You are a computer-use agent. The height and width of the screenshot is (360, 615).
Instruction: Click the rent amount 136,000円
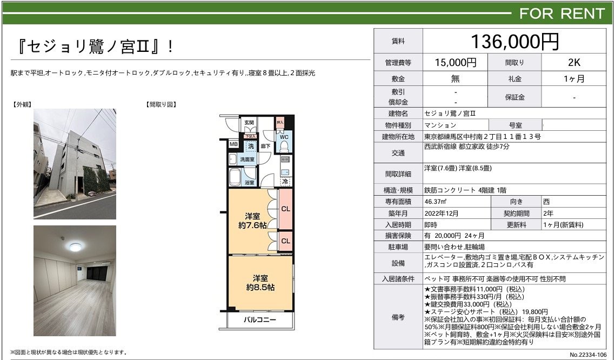514,42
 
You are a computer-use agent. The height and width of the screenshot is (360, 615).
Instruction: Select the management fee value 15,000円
455,62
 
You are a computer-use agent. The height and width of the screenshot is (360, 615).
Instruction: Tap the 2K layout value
574,62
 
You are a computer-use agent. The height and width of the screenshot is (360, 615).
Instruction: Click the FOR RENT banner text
562,14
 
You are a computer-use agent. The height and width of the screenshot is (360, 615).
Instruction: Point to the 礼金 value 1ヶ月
574,79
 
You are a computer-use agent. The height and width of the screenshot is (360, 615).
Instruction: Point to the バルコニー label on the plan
259,319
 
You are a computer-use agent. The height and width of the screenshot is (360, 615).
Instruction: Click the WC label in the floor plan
284,137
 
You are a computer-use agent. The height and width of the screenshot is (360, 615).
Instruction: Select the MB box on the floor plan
233,144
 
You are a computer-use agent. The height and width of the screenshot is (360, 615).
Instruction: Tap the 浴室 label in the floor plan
250,183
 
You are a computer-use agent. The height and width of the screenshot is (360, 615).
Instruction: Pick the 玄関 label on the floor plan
249,123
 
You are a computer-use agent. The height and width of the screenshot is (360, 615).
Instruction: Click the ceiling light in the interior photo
75,246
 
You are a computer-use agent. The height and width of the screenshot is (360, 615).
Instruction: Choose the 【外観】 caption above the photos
22,104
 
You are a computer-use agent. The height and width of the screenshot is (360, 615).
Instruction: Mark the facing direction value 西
546,202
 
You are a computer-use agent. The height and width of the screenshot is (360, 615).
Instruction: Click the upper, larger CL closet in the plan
285,209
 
